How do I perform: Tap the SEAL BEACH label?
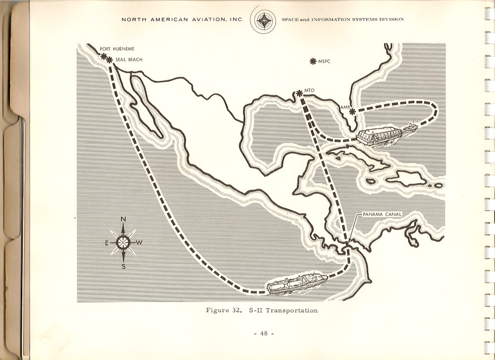129,60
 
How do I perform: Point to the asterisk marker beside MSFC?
313,62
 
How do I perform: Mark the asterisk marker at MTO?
299,93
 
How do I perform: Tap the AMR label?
345,107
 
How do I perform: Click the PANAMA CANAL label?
382,214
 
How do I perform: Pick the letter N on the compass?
123,219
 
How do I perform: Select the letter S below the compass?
124,266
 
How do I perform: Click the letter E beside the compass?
106,243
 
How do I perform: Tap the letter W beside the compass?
141,243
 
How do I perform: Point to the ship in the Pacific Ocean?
297,284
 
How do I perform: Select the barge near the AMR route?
385,136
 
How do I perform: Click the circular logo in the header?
263,19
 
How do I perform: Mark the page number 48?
263,333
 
